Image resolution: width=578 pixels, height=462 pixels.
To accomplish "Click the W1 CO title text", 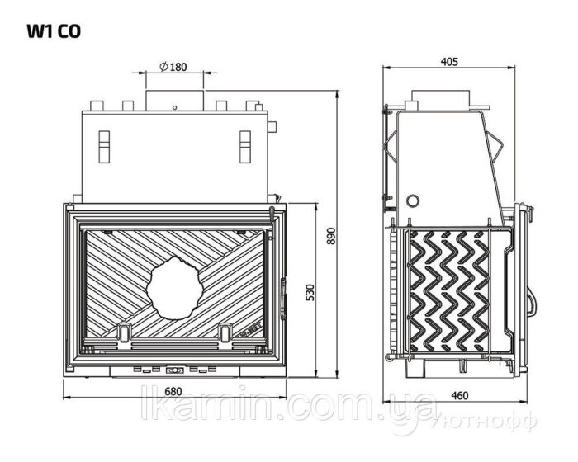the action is [x=54, y=31].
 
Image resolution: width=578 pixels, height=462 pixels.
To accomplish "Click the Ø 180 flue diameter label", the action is [x=173, y=67].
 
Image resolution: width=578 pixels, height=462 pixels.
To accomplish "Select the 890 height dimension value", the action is [x=331, y=236].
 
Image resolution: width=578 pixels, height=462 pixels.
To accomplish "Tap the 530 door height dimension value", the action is [x=310, y=292].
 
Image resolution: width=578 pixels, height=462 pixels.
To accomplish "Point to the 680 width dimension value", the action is [x=173, y=391].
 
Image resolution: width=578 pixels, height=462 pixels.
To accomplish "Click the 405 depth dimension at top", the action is [x=449, y=62].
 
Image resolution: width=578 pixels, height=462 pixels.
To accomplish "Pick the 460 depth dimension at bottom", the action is [x=459, y=395].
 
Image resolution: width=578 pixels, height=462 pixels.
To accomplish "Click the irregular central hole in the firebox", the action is [x=175, y=288].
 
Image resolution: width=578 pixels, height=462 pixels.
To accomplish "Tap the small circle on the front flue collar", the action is [x=174, y=107].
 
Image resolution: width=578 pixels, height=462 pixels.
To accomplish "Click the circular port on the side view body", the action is [x=413, y=200].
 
